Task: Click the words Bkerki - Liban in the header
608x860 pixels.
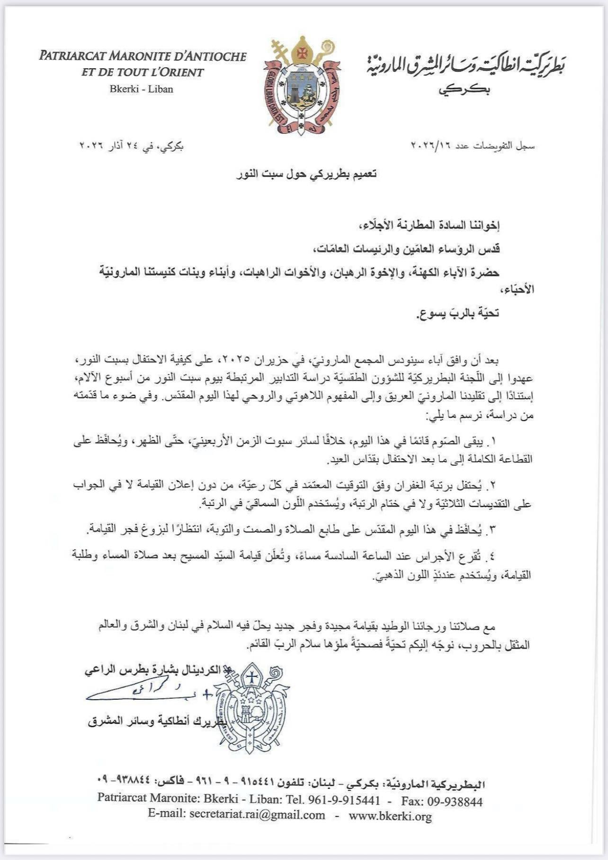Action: [141, 89]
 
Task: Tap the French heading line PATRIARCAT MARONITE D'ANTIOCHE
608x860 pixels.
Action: [143, 56]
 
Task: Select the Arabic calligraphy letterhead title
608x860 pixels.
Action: [466, 66]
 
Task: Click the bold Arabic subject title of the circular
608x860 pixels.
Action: [306, 174]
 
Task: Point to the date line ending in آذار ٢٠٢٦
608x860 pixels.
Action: [131, 146]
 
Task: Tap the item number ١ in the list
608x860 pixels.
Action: [493, 442]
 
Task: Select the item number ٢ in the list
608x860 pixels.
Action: [493, 485]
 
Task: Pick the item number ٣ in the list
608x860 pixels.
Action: [493, 530]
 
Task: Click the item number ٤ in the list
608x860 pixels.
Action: [493, 556]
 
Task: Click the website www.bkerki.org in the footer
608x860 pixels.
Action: [390, 816]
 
